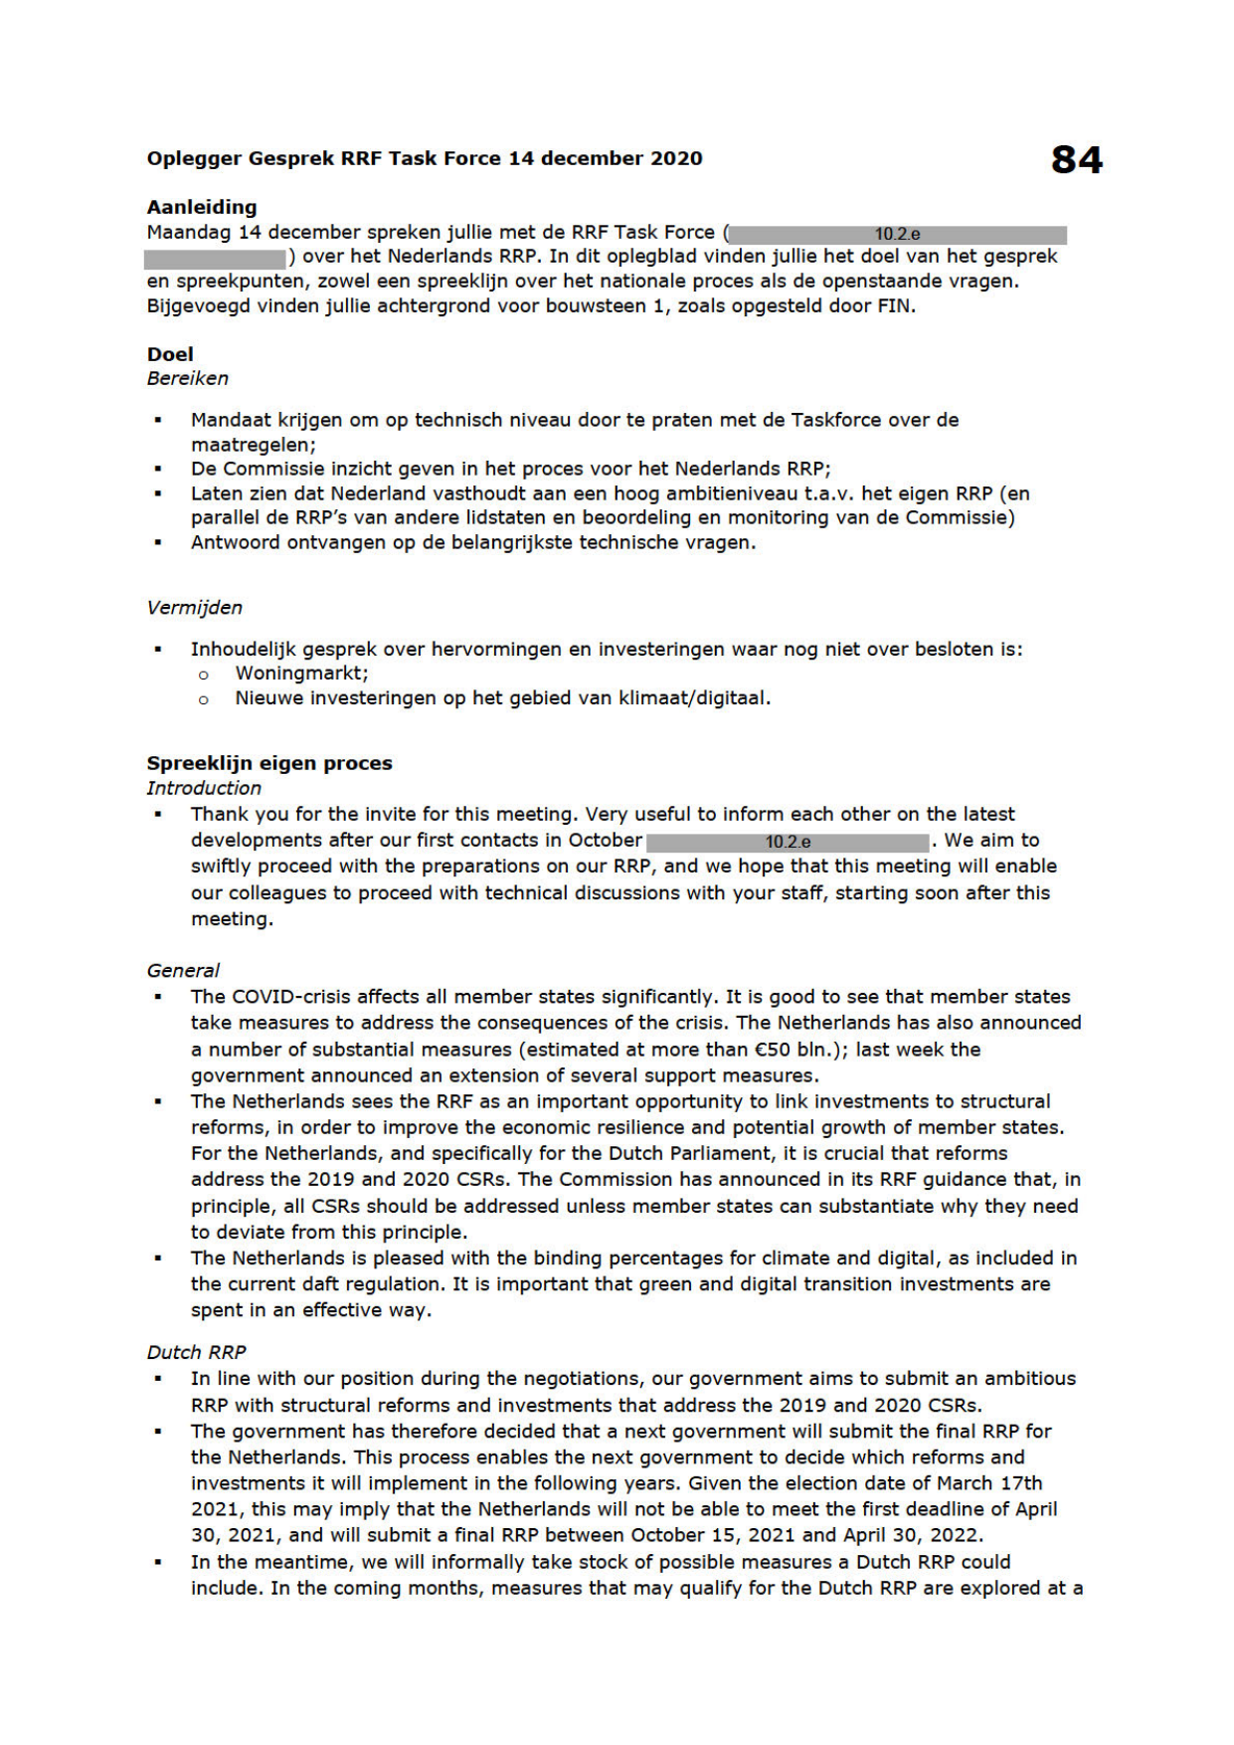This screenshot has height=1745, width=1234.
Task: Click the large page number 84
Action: click(1076, 160)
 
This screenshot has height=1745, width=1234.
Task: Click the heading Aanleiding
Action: click(202, 207)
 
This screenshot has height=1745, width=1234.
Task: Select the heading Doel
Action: click(170, 354)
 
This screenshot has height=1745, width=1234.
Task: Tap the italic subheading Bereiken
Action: click(188, 378)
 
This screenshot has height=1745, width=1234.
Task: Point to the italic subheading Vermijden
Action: click(195, 608)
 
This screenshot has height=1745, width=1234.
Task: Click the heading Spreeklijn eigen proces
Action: click(269, 763)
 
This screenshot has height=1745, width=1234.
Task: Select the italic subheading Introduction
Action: click(204, 788)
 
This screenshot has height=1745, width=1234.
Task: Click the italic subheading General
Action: click(183, 970)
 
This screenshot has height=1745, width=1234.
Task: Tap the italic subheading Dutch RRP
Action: click(196, 1352)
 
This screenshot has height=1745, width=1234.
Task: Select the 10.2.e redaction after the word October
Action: click(788, 842)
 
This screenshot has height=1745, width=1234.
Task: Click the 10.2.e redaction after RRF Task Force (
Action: click(897, 235)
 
